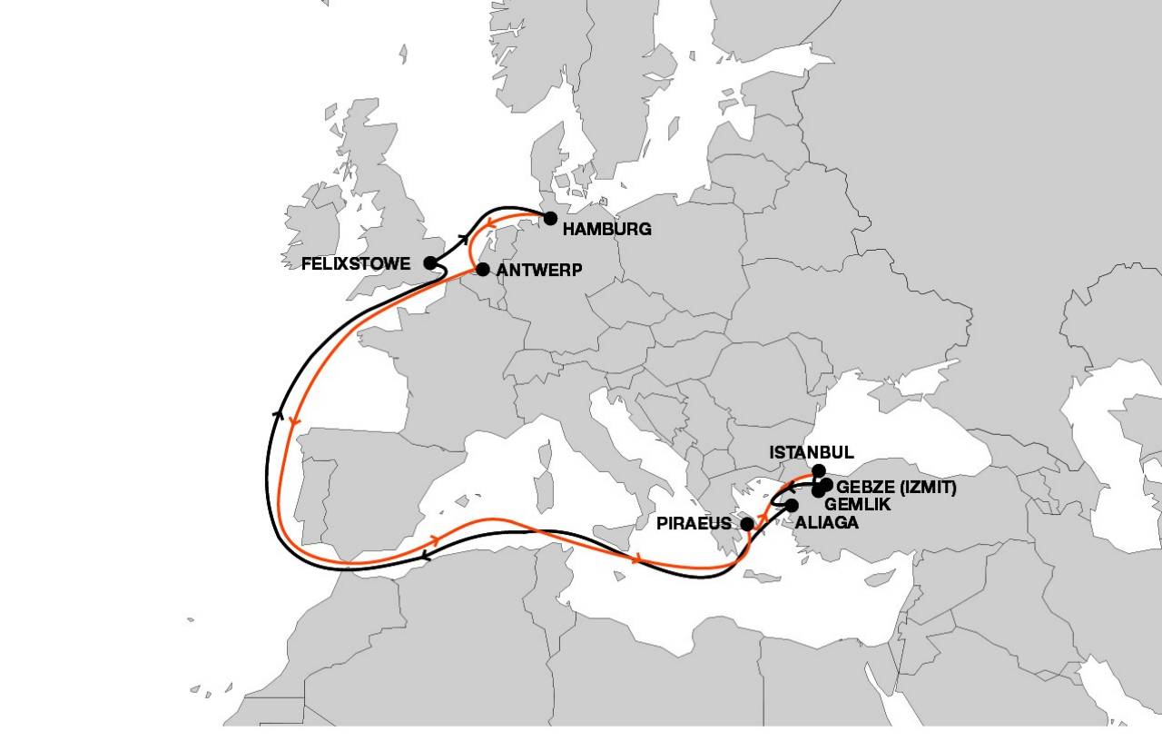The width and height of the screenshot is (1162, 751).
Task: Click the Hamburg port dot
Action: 550,218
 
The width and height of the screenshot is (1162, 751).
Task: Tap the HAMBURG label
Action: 606,230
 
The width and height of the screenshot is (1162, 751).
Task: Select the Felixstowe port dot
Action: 430,263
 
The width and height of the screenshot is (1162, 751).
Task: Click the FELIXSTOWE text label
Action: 357,264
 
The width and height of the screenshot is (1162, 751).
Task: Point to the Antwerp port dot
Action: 483,269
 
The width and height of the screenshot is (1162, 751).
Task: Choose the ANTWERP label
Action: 539,270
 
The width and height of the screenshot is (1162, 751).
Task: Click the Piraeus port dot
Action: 747,524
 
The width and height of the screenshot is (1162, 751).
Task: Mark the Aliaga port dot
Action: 792,506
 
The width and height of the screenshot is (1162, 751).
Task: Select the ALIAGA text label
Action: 826,523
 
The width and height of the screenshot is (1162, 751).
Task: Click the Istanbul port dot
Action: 819,470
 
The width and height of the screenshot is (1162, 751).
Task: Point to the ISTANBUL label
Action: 812,452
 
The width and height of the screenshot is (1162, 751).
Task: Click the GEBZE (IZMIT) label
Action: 897,488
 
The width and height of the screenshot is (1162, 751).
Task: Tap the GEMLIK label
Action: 857,504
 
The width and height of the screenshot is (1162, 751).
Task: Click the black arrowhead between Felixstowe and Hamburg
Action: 464,239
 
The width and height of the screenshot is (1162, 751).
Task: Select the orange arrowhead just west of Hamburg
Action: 489,223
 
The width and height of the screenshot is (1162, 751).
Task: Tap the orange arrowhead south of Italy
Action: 640,558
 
